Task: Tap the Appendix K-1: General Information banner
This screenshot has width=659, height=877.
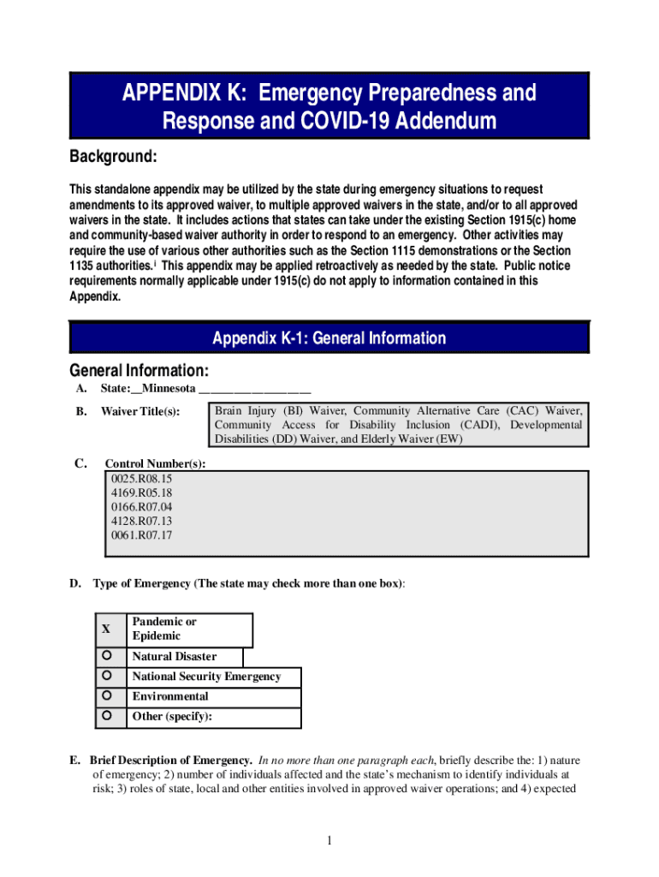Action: (329, 338)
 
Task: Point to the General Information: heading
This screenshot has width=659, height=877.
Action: (138, 371)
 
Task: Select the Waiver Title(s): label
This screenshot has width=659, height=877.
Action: (140, 412)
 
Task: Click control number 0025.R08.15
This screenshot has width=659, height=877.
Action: (141, 479)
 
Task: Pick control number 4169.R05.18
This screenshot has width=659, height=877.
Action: (141, 492)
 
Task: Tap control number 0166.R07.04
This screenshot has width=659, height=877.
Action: (141, 507)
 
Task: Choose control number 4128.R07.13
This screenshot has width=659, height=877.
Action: (141, 521)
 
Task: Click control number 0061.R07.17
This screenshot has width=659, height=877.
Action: (141, 535)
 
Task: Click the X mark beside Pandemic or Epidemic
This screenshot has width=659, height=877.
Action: (106, 629)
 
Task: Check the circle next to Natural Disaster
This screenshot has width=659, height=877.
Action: (106, 656)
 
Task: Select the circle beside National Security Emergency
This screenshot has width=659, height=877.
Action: (106, 676)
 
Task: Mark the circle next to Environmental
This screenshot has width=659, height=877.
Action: (106, 695)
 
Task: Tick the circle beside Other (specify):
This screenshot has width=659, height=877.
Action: (106, 715)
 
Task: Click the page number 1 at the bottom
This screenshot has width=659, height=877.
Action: (329, 841)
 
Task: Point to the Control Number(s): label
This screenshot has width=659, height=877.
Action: (155, 464)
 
